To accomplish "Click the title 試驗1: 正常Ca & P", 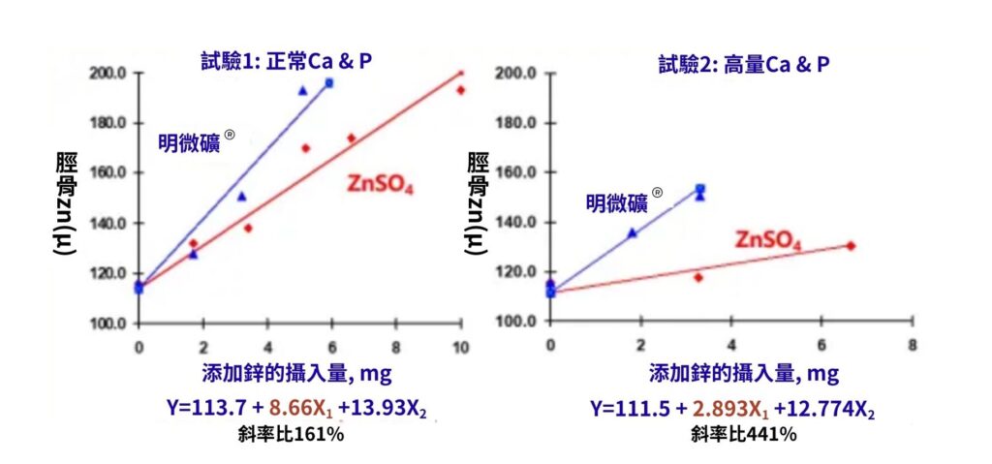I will (x=281, y=60).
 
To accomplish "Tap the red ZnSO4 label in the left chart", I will (x=381, y=184).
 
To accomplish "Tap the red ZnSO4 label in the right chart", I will (x=768, y=239).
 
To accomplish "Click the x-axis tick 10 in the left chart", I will (x=461, y=347).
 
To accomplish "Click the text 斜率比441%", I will (x=745, y=434).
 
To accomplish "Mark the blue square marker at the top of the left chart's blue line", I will (x=329, y=83).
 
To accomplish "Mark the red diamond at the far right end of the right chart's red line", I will (x=851, y=246).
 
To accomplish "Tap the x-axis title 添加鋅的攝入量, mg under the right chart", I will (x=743, y=374).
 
